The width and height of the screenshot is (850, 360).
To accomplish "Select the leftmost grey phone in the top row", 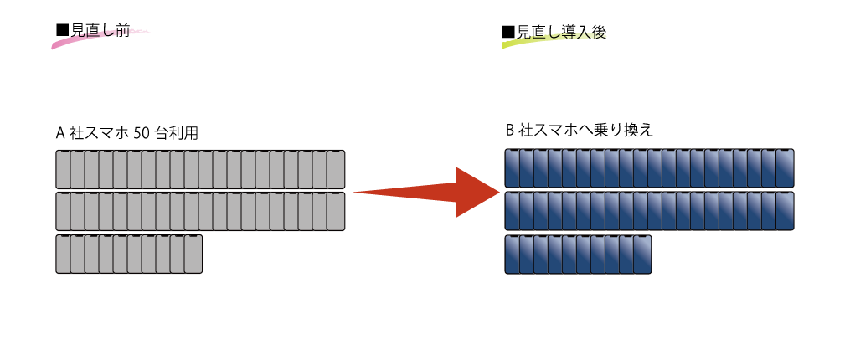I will (63, 169).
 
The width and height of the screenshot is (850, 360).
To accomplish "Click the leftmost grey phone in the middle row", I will (63, 212).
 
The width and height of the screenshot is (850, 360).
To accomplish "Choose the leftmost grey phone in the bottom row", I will (63, 255).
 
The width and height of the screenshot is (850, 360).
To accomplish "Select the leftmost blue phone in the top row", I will (512, 168).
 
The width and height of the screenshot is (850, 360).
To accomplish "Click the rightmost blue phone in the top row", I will (785, 168).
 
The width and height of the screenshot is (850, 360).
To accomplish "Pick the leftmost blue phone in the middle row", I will (512, 211).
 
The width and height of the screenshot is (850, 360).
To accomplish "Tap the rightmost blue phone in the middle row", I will (785, 211).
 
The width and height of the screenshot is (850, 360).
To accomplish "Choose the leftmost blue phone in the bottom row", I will (512, 255).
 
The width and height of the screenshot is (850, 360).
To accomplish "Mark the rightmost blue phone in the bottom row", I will (642, 255).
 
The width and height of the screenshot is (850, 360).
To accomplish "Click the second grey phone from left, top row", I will (77, 169).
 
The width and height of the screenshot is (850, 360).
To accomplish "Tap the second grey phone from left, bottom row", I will (77, 255).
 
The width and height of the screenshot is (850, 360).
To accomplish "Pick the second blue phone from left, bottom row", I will (526, 255).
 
